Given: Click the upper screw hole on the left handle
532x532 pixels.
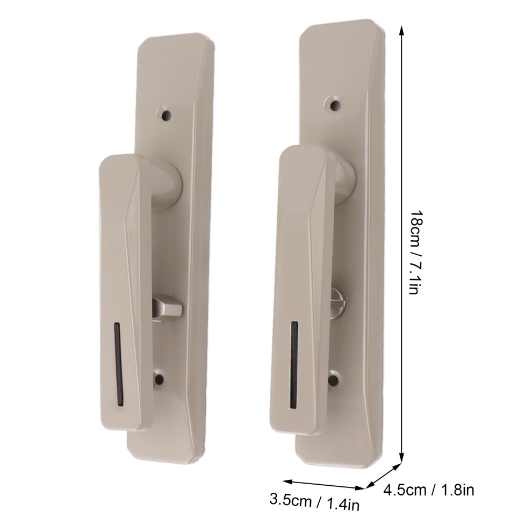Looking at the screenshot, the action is point(166,116).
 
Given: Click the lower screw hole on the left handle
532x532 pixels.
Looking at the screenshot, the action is point(159,379).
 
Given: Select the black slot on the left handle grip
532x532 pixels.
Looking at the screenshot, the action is point(118,363).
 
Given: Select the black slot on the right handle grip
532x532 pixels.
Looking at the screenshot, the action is point(294,365).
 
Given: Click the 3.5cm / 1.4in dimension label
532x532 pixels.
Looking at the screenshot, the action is point(314,502).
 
